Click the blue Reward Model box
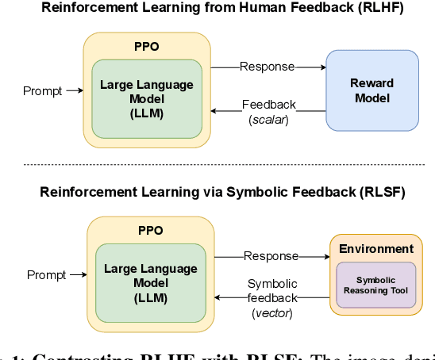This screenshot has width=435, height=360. pyautogui.click(x=372, y=90)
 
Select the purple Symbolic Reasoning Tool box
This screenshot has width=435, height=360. pyautogui.click(x=377, y=285)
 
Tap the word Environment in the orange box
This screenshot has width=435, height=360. pyautogui.click(x=376, y=249)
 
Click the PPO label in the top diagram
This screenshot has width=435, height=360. pyautogui.click(x=147, y=47)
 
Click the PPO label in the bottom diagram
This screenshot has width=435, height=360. pyautogui.click(x=149, y=230)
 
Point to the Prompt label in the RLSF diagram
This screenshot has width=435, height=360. pyautogui.click(x=46, y=275)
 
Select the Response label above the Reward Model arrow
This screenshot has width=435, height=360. pyautogui.click(x=268, y=67)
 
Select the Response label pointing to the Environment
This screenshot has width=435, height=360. pyautogui.click(x=271, y=256)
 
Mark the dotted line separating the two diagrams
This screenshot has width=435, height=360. pyautogui.click(x=217, y=164)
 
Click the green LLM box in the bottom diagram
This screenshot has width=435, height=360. pyautogui.click(x=151, y=281)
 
